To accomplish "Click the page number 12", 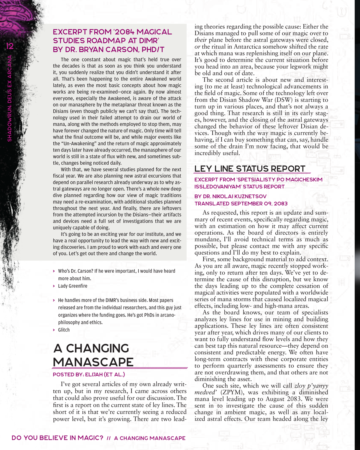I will point(10,46).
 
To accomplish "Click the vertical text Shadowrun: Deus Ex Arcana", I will point(10,98).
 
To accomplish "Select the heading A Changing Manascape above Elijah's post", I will point(93,355).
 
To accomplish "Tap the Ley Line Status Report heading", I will point(250,169).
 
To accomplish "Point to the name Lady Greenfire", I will point(73,286).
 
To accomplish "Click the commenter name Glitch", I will point(64,330).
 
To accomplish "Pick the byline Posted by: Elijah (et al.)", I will point(89,374).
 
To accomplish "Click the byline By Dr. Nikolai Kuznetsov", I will point(230,196).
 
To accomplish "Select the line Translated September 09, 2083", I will point(241,203).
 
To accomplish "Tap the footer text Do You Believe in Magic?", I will point(57,438).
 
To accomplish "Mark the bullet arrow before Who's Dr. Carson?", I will point(54,271).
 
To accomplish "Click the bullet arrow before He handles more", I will point(54,300).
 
